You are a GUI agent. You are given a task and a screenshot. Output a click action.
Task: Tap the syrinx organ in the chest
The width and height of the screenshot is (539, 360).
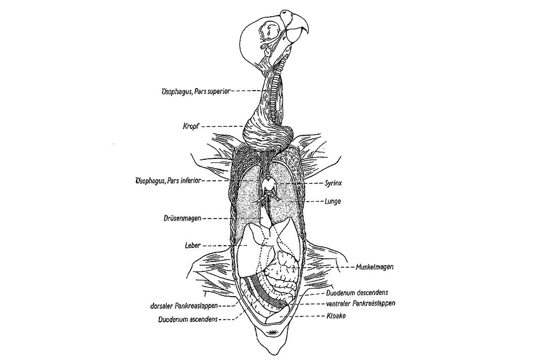pyautogui.click(x=272, y=183)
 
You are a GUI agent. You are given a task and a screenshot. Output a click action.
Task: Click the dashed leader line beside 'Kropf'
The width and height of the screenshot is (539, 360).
pyautogui.click(x=222, y=126)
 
